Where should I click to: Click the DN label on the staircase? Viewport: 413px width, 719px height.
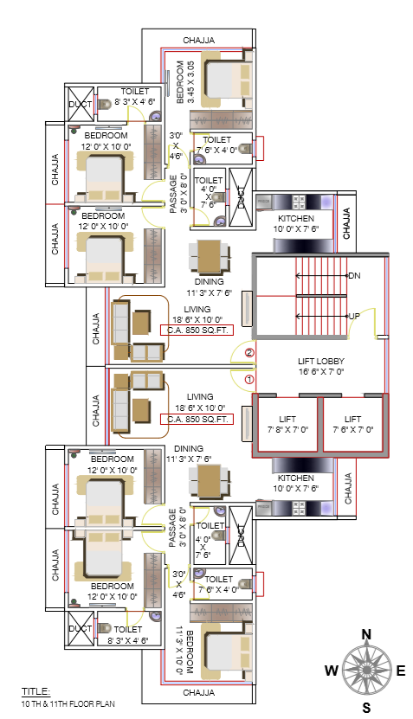[x=353, y=275]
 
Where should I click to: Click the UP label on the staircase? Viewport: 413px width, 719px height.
[x=353, y=316]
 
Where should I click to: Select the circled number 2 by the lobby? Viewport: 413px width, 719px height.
[x=249, y=352]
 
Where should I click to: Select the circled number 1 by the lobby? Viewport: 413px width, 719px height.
[x=249, y=379]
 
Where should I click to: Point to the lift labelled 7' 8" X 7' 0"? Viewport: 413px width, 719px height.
[x=286, y=423]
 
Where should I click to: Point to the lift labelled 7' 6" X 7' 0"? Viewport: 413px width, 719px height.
[x=352, y=423]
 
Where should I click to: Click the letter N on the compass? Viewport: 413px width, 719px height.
[x=366, y=634]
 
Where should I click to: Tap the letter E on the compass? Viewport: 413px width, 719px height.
[x=400, y=670]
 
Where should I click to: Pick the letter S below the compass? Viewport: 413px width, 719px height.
[x=366, y=707]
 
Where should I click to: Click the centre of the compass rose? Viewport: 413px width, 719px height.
[x=366, y=670]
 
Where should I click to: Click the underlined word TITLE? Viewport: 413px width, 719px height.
[x=36, y=691]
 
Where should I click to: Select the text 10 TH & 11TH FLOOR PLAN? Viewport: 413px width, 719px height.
[x=68, y=703]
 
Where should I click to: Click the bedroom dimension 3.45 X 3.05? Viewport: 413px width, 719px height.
[x=190, y=82]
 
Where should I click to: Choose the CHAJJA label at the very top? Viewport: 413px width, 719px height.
[x=198, y=40]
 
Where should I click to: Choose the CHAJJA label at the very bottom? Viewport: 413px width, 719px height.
[x=198, y=692]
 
